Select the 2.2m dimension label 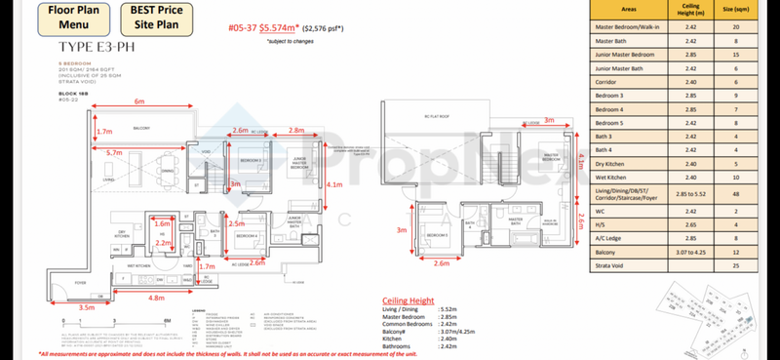pos(162,243)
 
